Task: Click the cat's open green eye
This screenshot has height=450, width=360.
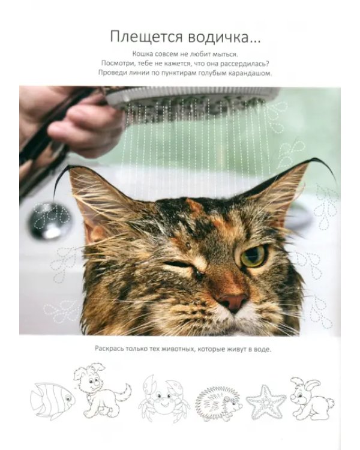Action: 253,255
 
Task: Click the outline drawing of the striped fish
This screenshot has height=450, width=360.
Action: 52,400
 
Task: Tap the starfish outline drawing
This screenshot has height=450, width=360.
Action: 266,402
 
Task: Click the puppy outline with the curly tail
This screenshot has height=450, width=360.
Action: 101,390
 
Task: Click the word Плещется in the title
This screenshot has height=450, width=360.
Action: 146,37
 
